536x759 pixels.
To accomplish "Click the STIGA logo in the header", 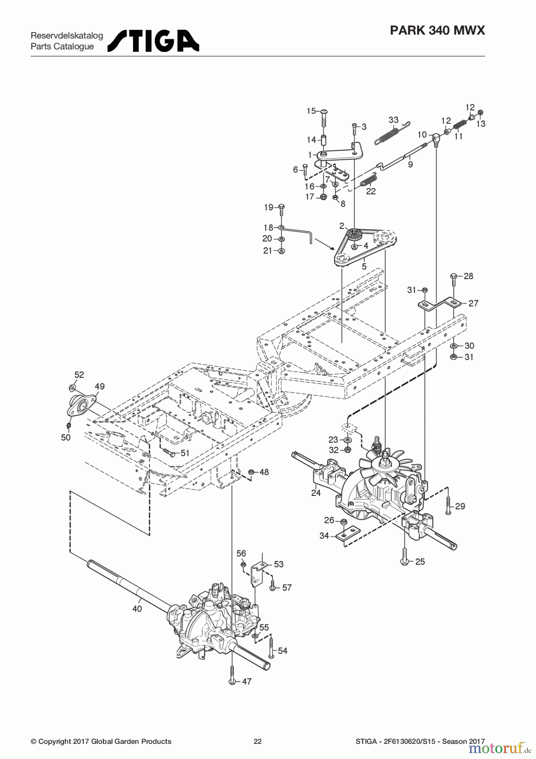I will click(153, 41).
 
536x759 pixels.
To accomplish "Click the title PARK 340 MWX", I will click(437, 30).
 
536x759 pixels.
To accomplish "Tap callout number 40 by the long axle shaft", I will click(137, 609).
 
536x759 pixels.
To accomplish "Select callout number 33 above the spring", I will click(393, 120).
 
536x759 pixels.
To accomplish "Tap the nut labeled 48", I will click(251, 472).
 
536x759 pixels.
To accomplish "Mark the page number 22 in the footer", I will click(257, 741).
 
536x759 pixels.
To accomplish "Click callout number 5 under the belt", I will click(364, 266).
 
